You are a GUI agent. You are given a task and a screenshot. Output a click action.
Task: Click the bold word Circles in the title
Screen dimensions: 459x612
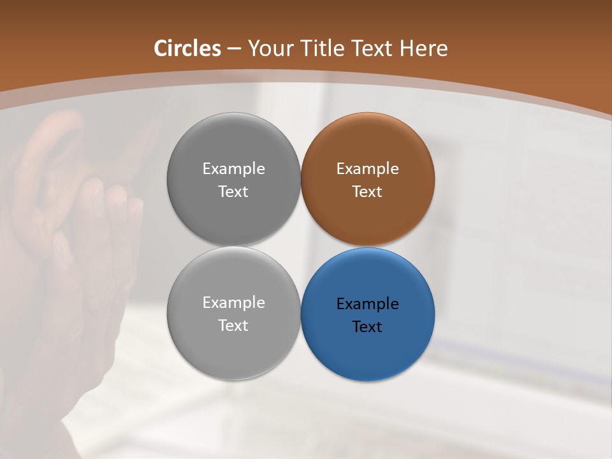coord(187,48)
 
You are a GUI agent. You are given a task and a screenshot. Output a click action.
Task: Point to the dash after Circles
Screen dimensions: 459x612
coord(234,49)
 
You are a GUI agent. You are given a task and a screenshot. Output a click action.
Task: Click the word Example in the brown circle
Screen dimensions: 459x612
coord(367,169)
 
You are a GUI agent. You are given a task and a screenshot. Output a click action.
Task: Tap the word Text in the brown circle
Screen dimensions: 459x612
coord(367,191)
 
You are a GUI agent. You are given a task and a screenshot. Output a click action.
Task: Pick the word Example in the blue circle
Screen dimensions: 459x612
coord(367,303)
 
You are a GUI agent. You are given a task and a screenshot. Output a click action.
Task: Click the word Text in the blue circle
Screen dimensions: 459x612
coord(367,326)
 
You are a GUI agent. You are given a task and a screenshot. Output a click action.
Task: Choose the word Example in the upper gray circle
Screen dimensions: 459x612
coord(233,169)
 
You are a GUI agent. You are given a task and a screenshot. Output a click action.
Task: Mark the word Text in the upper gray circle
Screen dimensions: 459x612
coord(233,191)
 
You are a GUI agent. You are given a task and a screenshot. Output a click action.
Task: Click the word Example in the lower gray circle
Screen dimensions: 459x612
coord(233,303)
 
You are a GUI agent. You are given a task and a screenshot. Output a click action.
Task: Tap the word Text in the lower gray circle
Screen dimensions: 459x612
coord(233,325)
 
